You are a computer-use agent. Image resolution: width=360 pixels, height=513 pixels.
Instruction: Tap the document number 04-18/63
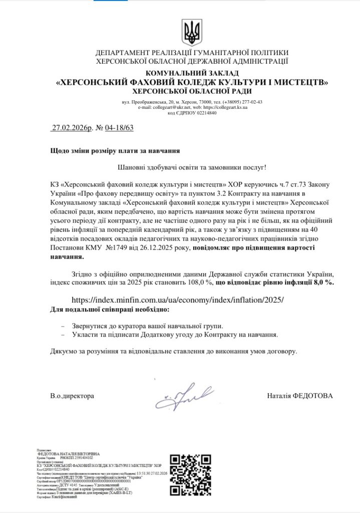point(120,128)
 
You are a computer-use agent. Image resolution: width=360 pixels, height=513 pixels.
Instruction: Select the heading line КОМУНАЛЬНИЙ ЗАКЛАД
point(192,73)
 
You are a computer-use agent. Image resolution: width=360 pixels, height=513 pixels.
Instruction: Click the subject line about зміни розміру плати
point(115,150)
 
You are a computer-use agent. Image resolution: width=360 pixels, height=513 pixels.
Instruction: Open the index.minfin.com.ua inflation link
point(178,300)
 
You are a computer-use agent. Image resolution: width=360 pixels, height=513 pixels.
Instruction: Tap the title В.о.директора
point(72,396)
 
